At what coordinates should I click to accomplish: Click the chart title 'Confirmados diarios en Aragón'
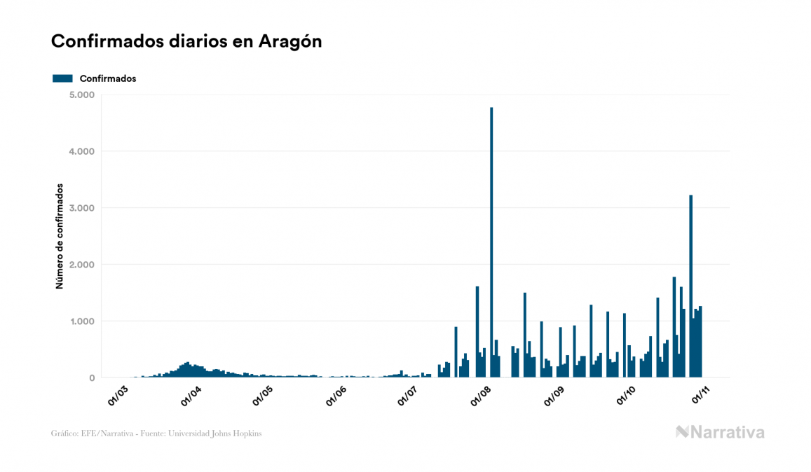186,41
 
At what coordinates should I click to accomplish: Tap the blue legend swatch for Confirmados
62,78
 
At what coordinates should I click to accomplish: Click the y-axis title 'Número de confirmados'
60,237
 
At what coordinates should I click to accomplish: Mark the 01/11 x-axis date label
700,394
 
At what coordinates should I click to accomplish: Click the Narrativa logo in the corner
720,432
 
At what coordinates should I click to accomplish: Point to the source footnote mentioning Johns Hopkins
156,433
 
